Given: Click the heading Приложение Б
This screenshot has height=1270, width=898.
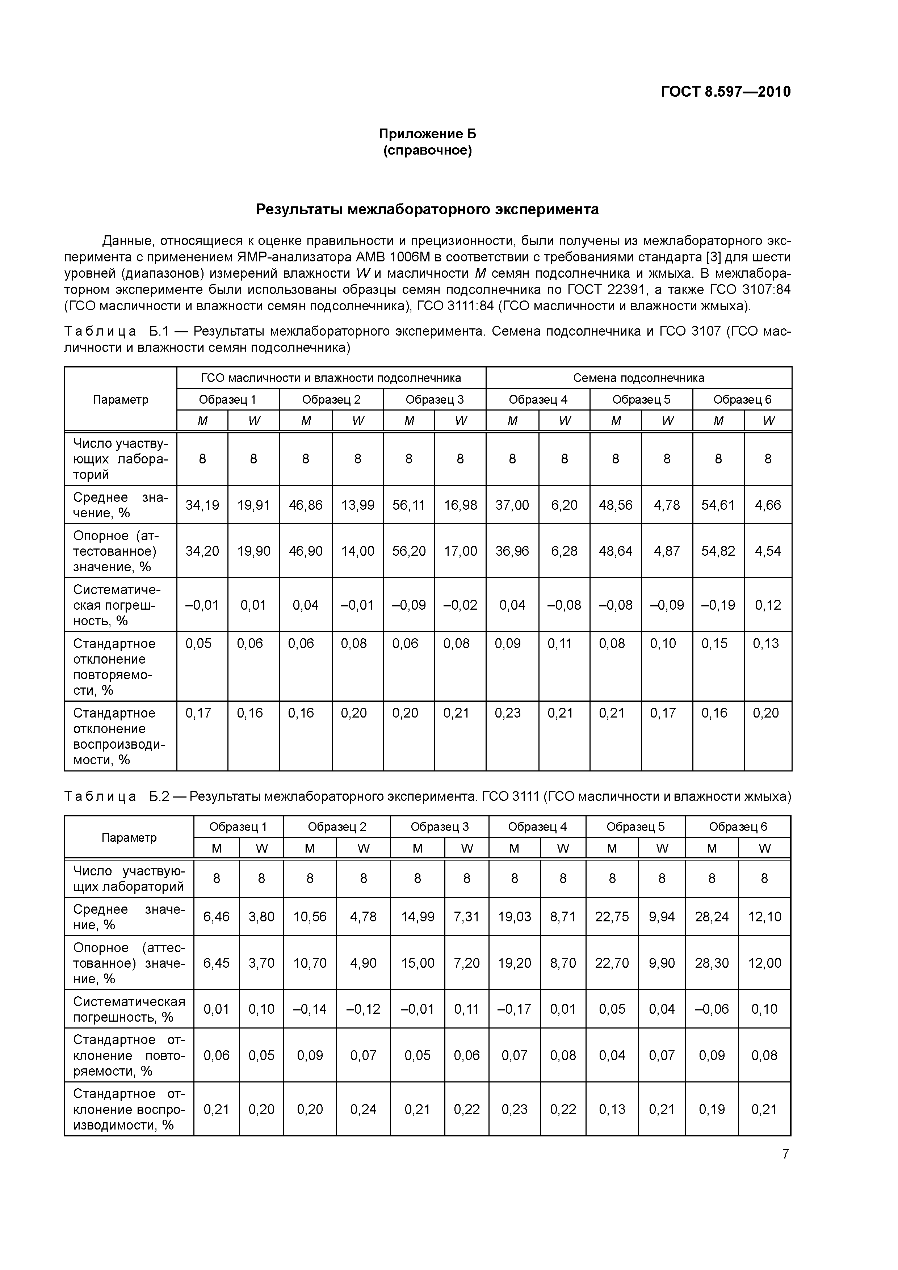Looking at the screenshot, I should tap(427, 134).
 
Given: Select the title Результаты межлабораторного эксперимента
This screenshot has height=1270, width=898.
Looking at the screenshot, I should tap(427, 210).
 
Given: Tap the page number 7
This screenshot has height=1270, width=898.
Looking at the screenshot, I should tap(785, 1153).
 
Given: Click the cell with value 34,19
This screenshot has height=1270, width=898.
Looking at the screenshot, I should tap(202, 505).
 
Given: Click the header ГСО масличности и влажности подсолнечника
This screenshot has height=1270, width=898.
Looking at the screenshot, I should tap(331, 378).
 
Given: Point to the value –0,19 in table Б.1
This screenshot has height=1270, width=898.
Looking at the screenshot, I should tap(718, 605).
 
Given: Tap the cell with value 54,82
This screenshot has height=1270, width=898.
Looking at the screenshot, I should tap(718, 551).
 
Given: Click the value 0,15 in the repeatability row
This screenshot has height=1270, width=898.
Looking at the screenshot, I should tap(714, 643).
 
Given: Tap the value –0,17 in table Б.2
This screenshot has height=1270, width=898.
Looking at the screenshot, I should tap(514, 1009).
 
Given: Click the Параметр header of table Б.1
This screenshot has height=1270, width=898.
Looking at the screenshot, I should tap(121, 399).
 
